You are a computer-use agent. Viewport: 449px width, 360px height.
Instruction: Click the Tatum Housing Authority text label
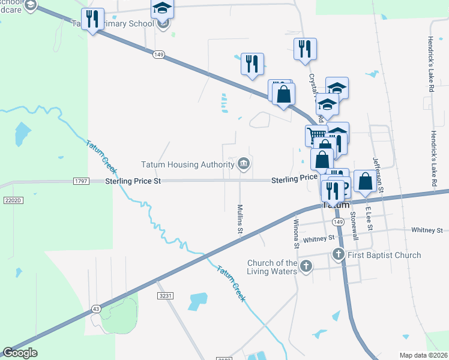click(x=187, y=164)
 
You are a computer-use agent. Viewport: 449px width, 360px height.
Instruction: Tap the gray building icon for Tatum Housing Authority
click(x=244, y=164)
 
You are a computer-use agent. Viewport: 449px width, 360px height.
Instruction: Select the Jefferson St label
click(x=378, y=172)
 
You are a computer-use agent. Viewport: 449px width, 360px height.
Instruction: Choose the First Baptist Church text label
click(x=384, y=255)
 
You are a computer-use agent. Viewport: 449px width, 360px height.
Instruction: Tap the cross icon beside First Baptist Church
click(x=339, y=255)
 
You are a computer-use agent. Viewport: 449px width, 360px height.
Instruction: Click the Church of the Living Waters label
click(x=273, y=267)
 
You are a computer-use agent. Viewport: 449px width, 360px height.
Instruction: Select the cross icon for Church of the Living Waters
click(x=307, y=266)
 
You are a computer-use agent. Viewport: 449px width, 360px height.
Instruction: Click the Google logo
click(x=20, y=353)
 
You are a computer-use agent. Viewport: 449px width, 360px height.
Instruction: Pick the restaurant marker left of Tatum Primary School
click(x=92, y=19)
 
